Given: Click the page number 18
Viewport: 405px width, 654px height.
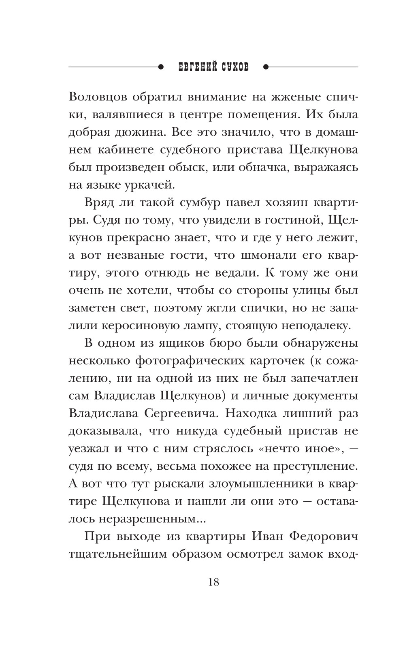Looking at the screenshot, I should tap(213, 582).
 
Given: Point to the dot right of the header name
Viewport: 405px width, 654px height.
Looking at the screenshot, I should tap(266, 67).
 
